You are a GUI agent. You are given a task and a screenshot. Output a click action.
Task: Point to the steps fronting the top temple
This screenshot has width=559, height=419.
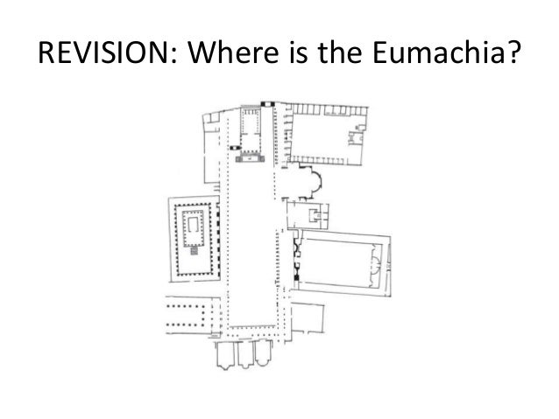pos(255,157)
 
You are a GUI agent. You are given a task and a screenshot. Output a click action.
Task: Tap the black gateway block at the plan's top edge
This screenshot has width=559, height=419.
pos(271,106)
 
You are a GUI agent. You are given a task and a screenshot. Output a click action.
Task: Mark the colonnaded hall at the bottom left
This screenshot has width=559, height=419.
pos(188,311)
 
